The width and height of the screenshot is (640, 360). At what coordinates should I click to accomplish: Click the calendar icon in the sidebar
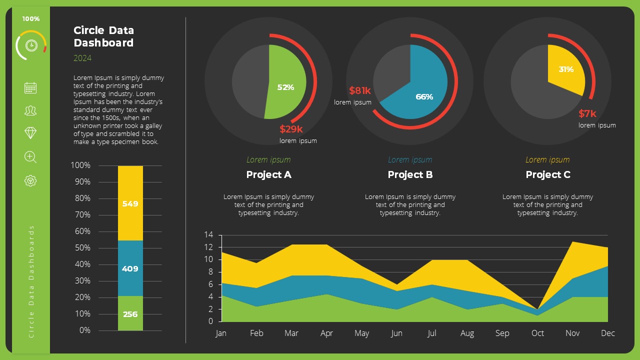click(x=30, y=87)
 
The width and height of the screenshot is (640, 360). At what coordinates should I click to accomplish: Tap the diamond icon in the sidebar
click(x=30, y=132)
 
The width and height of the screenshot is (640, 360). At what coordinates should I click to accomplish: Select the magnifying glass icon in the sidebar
click(x=30, y=157)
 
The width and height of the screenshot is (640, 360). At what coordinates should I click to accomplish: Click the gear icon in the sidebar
click(x=30, y=180)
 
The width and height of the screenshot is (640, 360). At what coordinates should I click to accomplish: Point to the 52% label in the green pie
click(x=285, y=87)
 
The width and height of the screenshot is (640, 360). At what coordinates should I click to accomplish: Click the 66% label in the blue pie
click(x=424, y=97)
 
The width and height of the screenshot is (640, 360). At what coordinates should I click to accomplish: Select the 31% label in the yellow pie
click(x=566, y=69)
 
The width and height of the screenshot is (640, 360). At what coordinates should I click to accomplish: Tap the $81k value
click(x=360, y=90)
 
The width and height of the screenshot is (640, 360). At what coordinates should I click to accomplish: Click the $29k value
click(x=291, y=129)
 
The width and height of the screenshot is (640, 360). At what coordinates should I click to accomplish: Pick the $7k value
click(x=587, y=113)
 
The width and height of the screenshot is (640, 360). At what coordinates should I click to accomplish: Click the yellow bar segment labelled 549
click(x=130, y=203)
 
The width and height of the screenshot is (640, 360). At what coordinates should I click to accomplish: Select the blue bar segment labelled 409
click(x=130, y=268)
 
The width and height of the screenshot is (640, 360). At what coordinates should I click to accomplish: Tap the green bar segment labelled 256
click(x=130, y=314)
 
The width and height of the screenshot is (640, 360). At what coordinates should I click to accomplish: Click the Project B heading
click(x=410, y=174)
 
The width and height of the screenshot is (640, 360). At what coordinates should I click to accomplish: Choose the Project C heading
click(x=548, y=174)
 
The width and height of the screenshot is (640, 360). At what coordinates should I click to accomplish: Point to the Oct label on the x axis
click(x=537, y=333)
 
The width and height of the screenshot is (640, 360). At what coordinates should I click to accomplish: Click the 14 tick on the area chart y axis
click(x=209, y=235)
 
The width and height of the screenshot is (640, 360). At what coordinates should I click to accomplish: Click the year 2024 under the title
click(x=82, y=58)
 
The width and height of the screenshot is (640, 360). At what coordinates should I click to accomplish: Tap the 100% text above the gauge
click(x=30, y=19)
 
